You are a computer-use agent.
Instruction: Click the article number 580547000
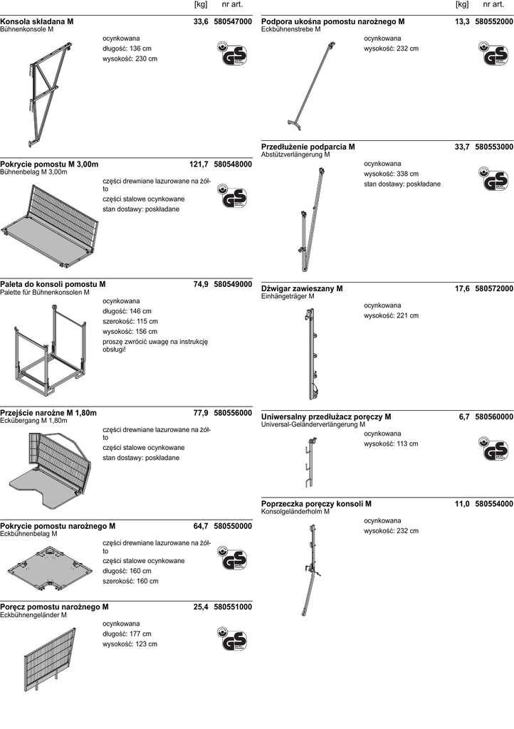click(233, 22)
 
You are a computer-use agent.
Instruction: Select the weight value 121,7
click(199, 164)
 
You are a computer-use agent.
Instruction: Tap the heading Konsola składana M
click(37, 22)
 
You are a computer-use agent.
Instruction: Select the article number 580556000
click(233, 413)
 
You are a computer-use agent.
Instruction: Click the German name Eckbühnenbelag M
click(29, 534)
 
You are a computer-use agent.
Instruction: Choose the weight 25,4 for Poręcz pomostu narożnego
click(201, 607)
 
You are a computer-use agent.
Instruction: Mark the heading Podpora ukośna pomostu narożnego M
click(333, 22)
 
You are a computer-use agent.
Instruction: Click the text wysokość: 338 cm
click(391, 174)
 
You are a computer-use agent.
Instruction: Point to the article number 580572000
click(494, 288)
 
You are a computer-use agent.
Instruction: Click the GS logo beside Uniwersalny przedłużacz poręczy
click(493, 450)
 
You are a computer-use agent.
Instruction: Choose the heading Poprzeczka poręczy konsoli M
click(316, 503)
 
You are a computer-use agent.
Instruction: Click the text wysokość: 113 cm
click(391, 444)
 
